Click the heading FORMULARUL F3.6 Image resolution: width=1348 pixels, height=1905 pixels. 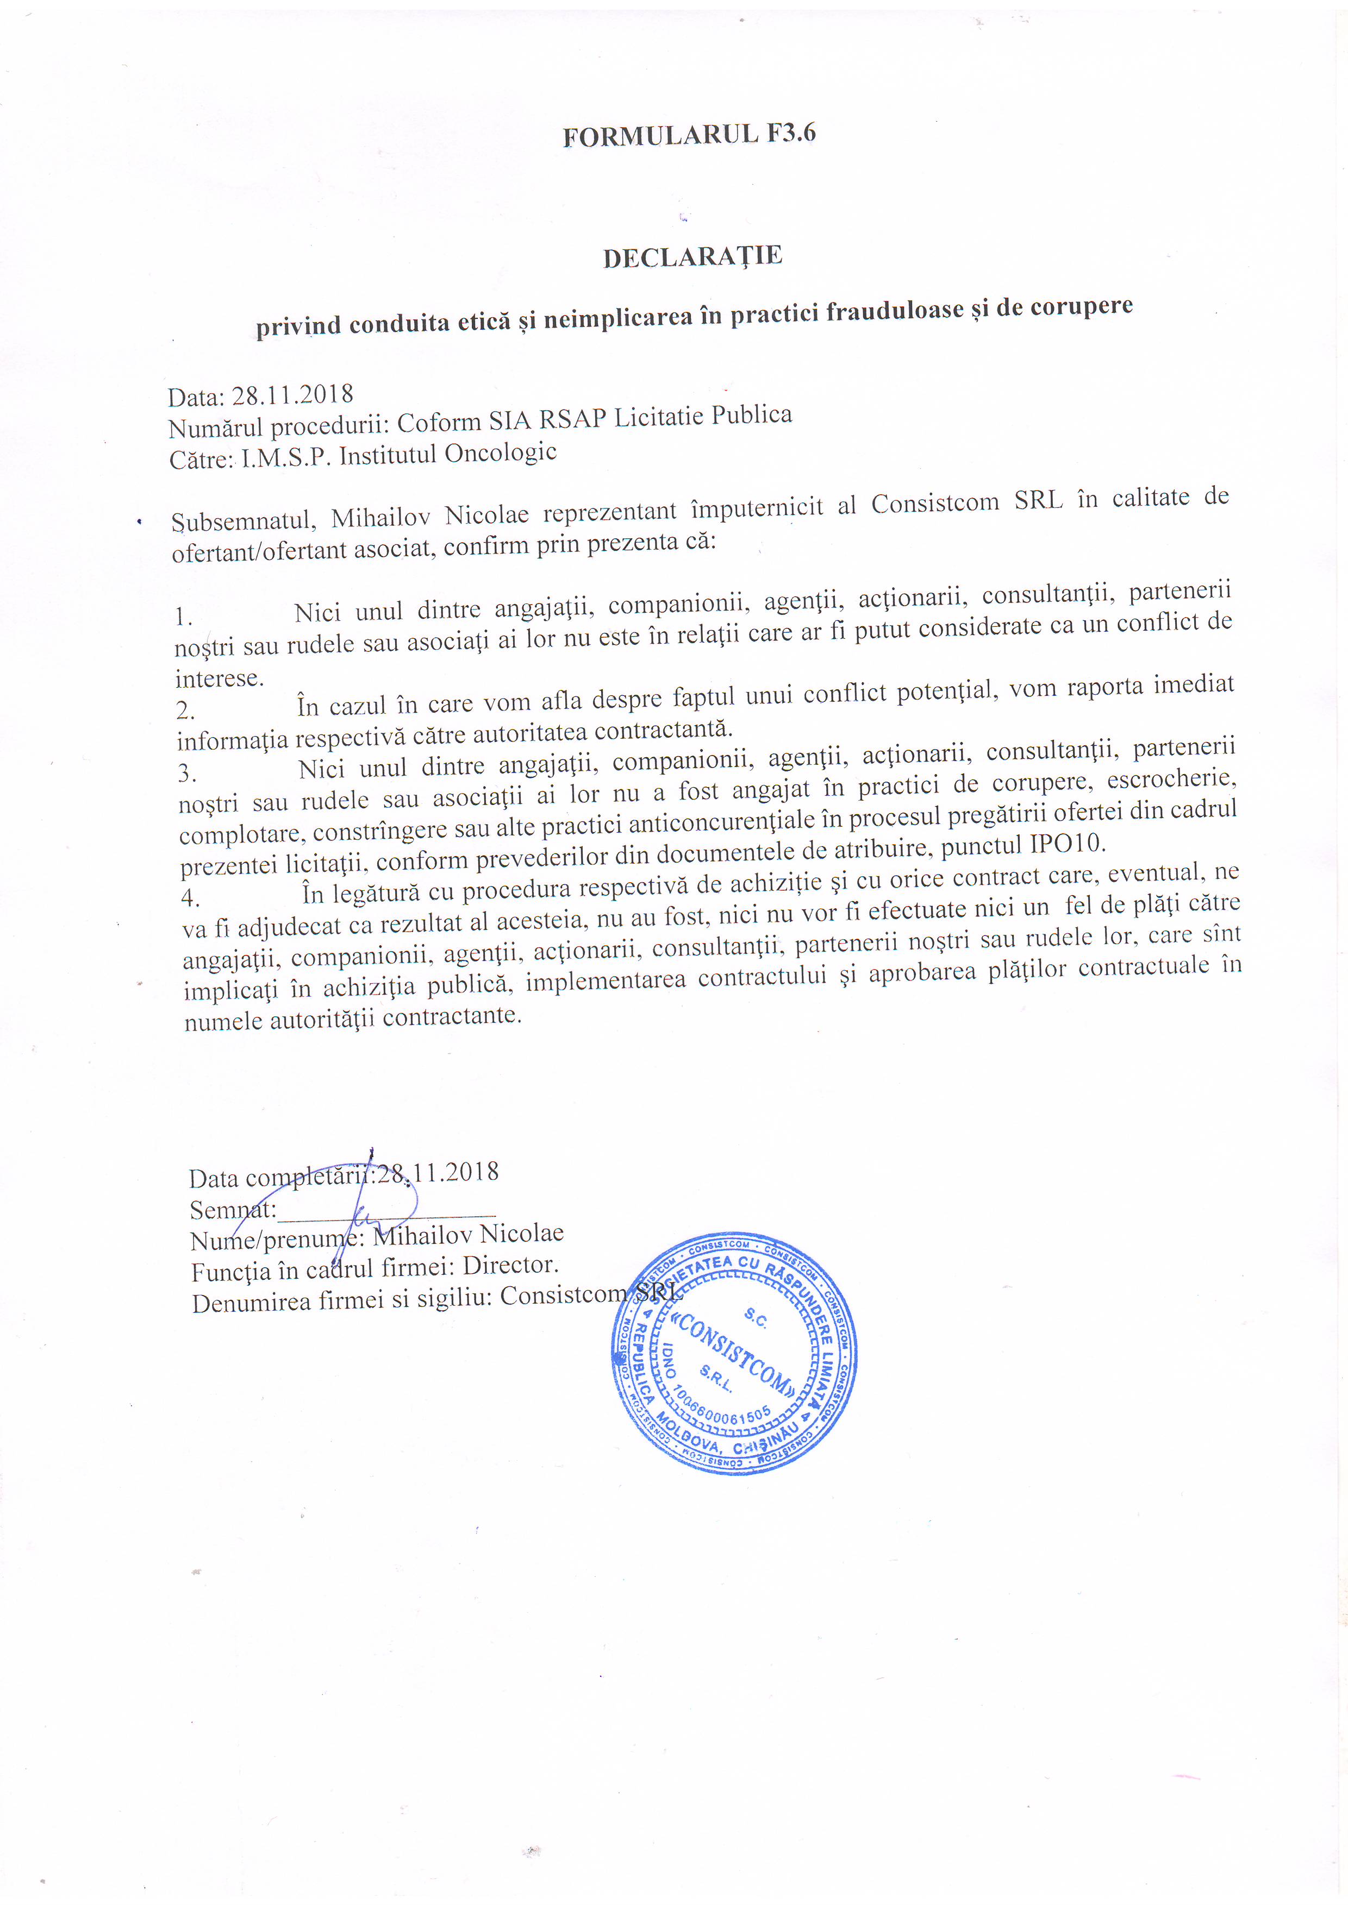coord(689,134)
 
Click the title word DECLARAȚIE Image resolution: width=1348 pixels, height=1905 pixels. coord(692,257)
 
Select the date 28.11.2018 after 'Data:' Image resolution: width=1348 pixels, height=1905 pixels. coord(292,394)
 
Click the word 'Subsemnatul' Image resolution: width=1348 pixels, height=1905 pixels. coord(241,521)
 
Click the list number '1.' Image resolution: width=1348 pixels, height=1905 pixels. coord(183,617)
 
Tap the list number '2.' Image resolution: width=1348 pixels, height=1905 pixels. coord(186,710)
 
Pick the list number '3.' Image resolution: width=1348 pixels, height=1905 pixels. coord(187,774)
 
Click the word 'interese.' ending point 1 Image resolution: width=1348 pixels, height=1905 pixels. coord(219,678)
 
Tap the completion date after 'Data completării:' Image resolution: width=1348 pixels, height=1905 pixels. coord(438,1173)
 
